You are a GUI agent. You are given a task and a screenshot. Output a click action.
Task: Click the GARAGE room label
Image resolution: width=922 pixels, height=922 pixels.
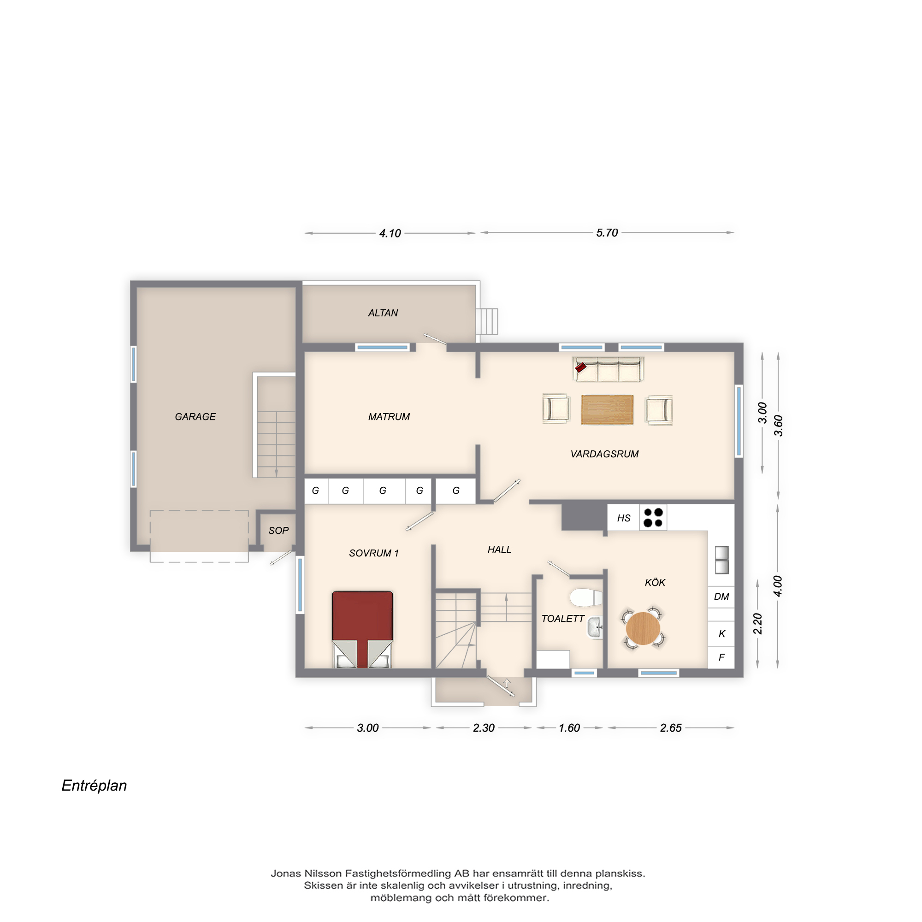point(195,417)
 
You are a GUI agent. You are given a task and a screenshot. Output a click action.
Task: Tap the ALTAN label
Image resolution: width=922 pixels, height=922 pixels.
point(383,313)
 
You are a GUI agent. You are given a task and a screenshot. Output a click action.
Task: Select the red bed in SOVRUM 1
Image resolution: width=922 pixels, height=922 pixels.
point(363,629)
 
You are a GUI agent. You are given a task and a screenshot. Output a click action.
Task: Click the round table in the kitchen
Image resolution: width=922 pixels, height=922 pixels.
point(643,628)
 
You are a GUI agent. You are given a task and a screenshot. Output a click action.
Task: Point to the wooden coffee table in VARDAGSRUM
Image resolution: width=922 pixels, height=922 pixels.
point(607,409)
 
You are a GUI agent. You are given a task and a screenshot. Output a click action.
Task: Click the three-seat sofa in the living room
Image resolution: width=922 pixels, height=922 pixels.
point(608,370)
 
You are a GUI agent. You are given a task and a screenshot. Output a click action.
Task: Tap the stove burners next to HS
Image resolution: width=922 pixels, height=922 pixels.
point(653,518)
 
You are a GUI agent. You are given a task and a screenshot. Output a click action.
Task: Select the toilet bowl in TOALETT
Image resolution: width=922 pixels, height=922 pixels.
point(586,597)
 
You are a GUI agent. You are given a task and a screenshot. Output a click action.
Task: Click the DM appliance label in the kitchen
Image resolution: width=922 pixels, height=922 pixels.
point(721,597)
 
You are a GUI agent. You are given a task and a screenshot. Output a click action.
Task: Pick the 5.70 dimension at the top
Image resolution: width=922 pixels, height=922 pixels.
point(607,233)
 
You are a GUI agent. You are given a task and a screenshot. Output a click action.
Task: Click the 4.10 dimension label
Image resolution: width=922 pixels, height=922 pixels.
point(390,233)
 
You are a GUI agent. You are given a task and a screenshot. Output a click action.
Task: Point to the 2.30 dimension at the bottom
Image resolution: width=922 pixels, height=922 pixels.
point(484,728)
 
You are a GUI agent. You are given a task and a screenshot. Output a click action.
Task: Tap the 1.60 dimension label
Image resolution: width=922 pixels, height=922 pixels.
point(569,728)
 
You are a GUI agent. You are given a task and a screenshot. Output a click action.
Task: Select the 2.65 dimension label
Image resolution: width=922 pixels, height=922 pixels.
point(670,728)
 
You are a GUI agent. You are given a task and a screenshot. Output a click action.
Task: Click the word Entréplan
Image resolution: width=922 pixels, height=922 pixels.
point(94,786)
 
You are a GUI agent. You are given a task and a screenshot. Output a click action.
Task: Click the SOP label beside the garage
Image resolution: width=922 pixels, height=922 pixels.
point(278,530)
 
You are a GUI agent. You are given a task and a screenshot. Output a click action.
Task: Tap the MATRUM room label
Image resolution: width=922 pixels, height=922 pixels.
point(389,417)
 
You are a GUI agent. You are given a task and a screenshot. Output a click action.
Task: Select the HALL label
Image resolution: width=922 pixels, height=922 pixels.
point(499,550)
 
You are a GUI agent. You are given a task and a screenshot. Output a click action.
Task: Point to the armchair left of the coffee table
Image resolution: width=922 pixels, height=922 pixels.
point(556,408)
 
